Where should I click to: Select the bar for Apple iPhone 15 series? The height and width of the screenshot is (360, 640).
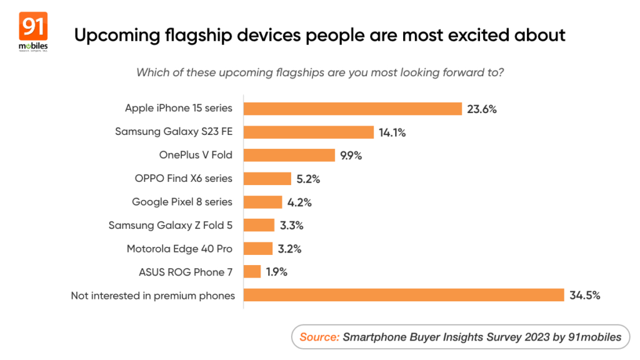point(352,109)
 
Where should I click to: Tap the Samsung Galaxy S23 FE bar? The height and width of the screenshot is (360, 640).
point(308,132)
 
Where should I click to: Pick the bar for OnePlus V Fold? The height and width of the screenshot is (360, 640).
point(289,155)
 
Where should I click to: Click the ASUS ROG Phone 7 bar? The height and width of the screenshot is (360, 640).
point(252,272)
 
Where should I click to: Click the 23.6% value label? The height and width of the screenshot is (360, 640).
point(481,109)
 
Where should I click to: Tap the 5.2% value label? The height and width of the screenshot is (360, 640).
point(309,179)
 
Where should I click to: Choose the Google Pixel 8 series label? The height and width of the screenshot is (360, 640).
point(182,202)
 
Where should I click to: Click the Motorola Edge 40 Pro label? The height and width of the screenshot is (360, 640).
point(179,249)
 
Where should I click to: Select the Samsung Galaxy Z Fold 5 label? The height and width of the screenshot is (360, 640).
point(170,225)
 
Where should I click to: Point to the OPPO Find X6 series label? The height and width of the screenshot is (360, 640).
point(183,179)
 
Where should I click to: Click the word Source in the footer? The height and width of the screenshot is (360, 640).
point(319,337)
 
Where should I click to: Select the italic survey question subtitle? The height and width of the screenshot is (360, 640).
point(320,72)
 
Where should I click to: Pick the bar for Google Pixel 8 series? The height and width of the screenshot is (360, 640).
point(262,202)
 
